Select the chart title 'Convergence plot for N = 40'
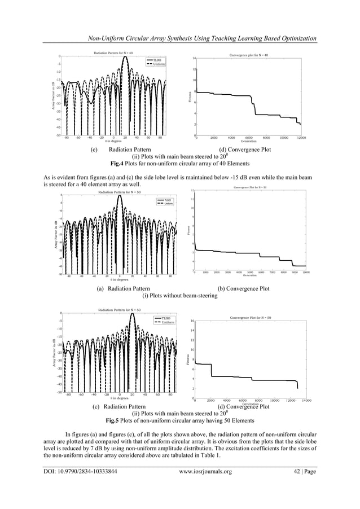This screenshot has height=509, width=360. click(249, 55)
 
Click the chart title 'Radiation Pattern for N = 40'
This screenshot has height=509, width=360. click(113, 52)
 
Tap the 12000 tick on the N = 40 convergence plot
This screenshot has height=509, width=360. click(302, 138)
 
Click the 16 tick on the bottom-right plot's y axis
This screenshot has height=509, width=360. click(193, 321)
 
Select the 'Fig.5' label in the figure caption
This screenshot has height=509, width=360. click(116, 420)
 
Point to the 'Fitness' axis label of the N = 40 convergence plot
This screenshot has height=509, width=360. click(190, 98)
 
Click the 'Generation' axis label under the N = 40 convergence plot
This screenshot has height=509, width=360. click(249, 141)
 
